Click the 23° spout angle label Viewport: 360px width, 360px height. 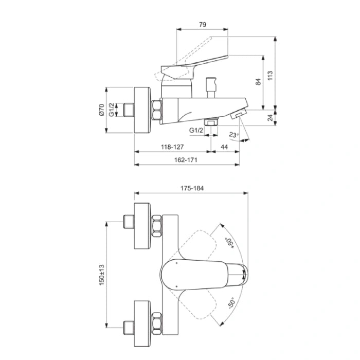coord(233,135)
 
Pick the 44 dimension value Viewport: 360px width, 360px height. coord(225,147)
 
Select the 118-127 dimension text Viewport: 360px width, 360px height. coord(172,147)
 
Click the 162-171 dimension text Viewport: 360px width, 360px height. coord(186,160)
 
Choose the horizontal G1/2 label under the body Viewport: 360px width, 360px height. coord(197,131)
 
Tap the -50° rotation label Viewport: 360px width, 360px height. coord(230,303)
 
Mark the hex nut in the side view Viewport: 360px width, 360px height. coord(157,110)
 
